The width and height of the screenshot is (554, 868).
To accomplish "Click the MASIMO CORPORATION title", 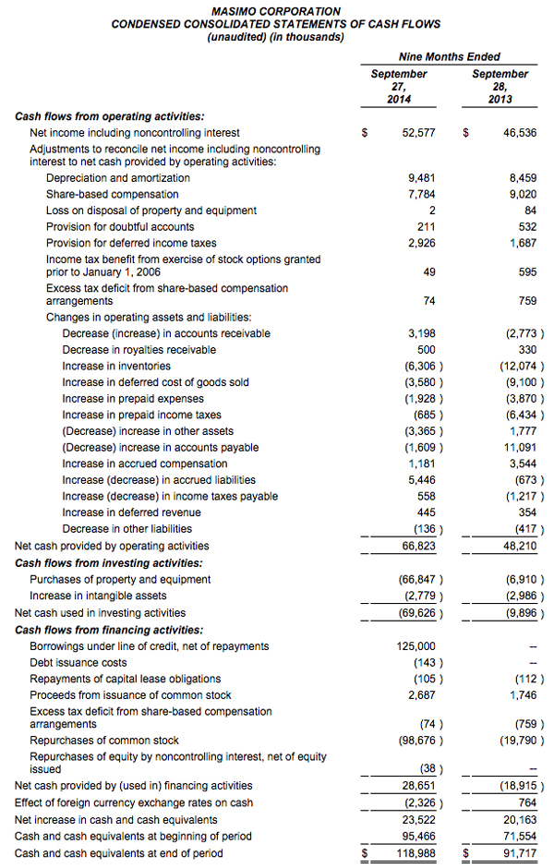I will tap(276, 11).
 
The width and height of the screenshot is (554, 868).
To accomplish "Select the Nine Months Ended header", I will tap(449, 55).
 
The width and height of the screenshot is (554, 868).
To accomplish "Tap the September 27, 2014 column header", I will tap(399, 86).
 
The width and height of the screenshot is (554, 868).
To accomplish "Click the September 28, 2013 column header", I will tap(500, 86).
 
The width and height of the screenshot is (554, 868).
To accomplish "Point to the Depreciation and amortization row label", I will tap(118, 178).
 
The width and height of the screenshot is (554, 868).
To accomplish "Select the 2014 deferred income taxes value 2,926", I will tap(421, 243).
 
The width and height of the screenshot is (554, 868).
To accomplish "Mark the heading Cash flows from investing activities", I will tap(109, 562).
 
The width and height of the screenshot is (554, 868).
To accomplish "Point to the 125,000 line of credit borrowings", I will tap(415, 646).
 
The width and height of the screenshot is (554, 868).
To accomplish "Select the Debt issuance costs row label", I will tap(78, 663).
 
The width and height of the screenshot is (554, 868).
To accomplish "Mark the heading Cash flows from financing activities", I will tap(109, 630).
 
